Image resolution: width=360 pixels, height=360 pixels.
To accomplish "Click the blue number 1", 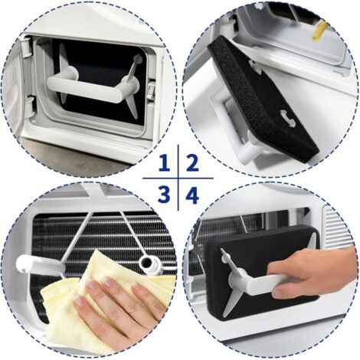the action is click(165, 163).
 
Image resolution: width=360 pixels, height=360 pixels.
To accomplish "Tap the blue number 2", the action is click(192, 163).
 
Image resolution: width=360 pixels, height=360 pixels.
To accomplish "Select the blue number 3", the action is click(164, 195).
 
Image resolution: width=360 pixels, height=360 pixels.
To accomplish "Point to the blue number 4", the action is click(192, 195).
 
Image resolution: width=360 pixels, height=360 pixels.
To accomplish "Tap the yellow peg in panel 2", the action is click(319, 30).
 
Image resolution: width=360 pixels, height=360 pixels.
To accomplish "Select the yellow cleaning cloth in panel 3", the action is click(102, 301).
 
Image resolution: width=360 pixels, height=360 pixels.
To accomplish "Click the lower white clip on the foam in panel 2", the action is click(288, 119).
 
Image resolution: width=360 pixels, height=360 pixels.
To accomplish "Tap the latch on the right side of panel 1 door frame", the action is click(152, 90).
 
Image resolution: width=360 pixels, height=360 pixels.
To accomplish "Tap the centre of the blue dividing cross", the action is click(178, 178).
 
